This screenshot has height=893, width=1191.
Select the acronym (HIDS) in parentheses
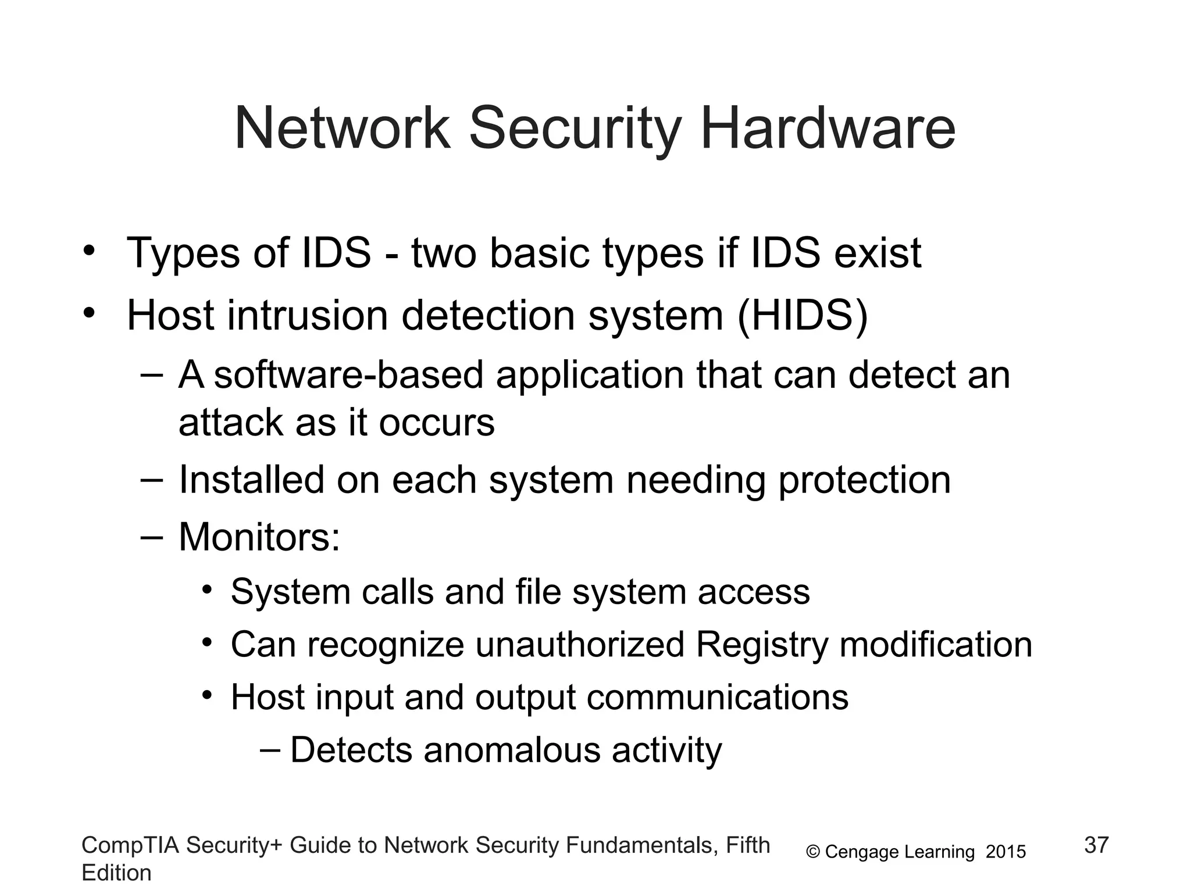pos(803,316)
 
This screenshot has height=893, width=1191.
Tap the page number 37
pos(1097,845)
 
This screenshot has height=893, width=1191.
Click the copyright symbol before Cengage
pos(813,852)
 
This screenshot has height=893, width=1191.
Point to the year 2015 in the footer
pos(1006,852)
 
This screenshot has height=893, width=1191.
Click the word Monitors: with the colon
pos(259,537)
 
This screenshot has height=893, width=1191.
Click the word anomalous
pos(512,750)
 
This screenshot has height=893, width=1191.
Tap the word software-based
pos(349,375)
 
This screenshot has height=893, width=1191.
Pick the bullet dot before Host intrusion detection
pos(88,314)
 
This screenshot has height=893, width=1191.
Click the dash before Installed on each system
pos(152,480)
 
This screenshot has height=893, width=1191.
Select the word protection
pos(864,480)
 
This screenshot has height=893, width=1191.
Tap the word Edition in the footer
pos(116,873)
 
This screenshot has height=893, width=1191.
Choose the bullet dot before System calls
pos(207,591)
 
